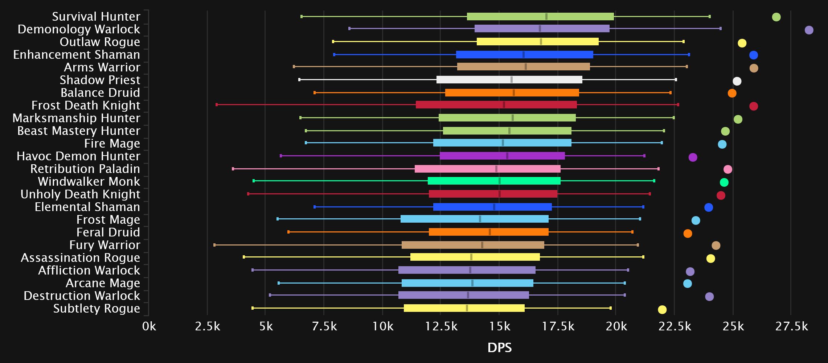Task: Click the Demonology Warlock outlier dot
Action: (809, 30)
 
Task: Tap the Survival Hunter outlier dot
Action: (776, 17)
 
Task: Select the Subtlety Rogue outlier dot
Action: (662, 310)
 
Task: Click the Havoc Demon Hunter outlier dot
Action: (693, 157)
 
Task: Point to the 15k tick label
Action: (499, 327)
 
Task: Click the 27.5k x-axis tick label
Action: (791, 327)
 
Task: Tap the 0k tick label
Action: (149, 327)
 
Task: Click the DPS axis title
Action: (499, 348)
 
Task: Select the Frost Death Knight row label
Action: (86, 105)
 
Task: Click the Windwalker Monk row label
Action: (89, 181)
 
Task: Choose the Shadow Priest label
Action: (100, 80)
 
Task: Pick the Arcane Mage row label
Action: (103, 283)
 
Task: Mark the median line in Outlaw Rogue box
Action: (541, 42)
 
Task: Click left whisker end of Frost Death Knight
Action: (217, 105)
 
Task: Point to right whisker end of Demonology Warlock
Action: (720, 28)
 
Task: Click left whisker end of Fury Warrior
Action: (214, 245)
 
